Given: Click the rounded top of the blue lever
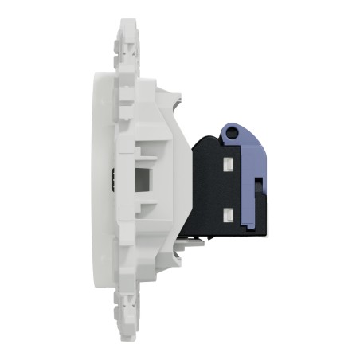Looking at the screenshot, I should coord(233,127).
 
